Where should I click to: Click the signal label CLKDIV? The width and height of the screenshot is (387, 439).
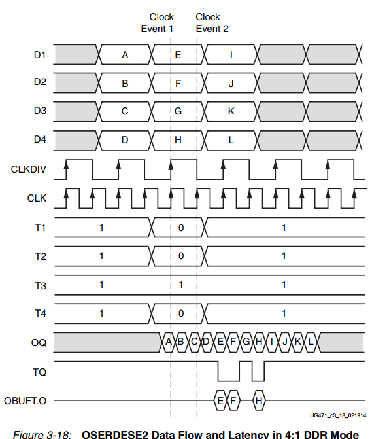click(28, 169)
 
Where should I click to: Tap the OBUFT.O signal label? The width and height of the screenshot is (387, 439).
click(25, 401)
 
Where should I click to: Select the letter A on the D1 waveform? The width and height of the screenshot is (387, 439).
click(125, 55)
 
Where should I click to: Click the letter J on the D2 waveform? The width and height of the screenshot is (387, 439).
click(231, 84)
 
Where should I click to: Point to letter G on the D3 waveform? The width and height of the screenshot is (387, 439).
click(178, 111)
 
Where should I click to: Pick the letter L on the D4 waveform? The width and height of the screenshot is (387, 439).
click(231, 140)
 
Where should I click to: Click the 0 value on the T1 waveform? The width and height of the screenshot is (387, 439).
click(181, 228)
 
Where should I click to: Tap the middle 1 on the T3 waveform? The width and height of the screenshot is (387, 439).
click(181, 285)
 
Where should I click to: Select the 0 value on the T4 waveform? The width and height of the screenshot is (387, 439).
click(181, 313)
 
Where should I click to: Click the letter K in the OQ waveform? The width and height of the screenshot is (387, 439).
click(297, 342)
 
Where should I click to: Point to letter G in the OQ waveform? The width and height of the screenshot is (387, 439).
click(246, 342)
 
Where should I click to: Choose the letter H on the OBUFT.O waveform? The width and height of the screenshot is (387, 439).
click(259, 401)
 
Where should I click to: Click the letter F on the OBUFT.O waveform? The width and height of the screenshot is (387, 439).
click(233, 401)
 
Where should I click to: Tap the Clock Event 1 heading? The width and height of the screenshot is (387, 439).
click(158, 23)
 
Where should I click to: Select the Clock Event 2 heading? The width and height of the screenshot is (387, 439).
click(212, 23)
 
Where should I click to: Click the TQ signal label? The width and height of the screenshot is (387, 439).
click(39, 372)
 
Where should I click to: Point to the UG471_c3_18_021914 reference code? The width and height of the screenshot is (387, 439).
click(338, 415)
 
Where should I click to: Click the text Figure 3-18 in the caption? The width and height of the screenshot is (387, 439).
click(42, 434)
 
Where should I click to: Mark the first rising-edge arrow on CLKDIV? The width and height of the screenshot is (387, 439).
click(66, 165)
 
